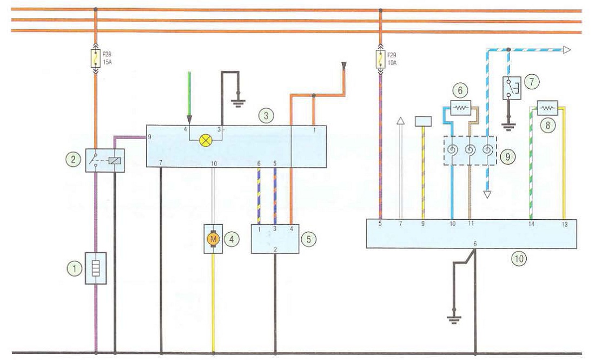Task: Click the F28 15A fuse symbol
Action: tap(96, 58)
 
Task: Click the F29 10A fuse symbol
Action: tap(381, 59)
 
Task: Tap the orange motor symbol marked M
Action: tap(213, 239)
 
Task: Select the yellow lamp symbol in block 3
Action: tap(206, 141)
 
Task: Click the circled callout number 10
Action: tap(519, 259)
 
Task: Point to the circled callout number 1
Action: tap(75, 269)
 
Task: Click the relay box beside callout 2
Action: tap(105, 160)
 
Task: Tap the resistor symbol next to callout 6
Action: tap(461, 108)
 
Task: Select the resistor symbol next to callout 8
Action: tap(547, 108)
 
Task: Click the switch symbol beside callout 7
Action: tap(512, 88)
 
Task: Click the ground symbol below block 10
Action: tap(454, 319)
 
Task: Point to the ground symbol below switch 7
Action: tap(508, 127)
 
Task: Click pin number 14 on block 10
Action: tap(531, 225)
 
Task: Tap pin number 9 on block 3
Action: tap(149, 137)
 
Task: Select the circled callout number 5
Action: tap(308, 239)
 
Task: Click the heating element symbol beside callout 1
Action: tap(96, 268)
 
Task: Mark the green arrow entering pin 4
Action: tap(189, 97)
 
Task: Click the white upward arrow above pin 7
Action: tap(400, 168)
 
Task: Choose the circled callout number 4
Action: tap(232, 239)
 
